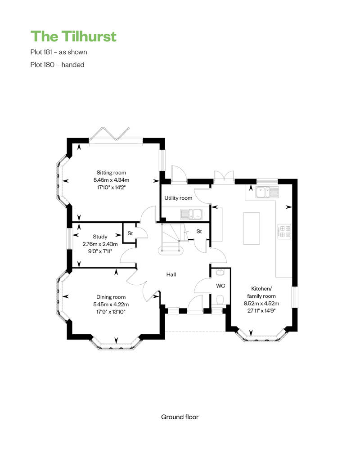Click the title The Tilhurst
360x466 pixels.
click(x=73, y=36)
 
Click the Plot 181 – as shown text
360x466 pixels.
click(x=58, y=52)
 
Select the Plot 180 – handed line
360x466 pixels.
click(x=57, y=64)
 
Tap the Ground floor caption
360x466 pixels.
click(x=180, y=417)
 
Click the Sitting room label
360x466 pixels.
click(x=111, y=172)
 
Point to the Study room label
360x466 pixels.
click(x=100, y=237)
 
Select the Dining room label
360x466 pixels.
click(x=111, y=297)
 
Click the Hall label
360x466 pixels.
click(x=171, y=274)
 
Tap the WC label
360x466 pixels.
click(x=220, y=286)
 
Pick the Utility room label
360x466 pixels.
click(x=178, y=198)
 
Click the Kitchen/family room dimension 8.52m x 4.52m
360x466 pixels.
click(x=261, y=304)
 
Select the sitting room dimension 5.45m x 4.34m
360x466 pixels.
click(x=111, y=180)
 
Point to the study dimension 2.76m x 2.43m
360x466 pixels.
click(x=100, y=244)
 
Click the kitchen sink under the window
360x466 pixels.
click(x=267, y=192)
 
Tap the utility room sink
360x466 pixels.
click(x=191, y=214)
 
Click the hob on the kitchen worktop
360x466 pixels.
click(x=284, y=232)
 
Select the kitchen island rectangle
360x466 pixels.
click(x=252, y=229)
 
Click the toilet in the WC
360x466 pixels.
click(x=220, y=300)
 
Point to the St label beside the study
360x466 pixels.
click(x=130, y=233)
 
